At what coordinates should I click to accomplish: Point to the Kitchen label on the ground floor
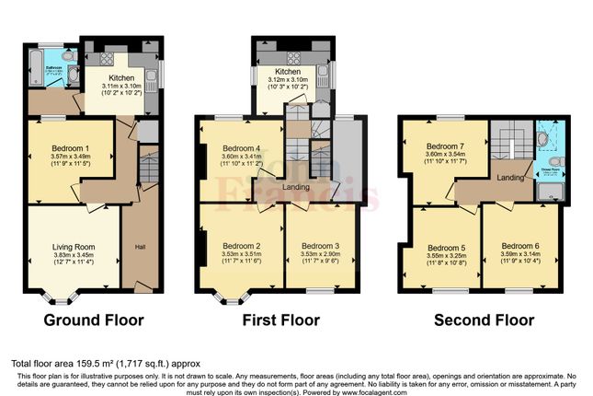121,79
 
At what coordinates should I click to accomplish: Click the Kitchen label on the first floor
288,72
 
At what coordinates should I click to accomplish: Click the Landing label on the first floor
295,187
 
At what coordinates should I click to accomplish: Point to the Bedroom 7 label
442,146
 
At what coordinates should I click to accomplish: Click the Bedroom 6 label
519,246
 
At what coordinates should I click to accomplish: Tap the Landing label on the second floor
510,175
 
